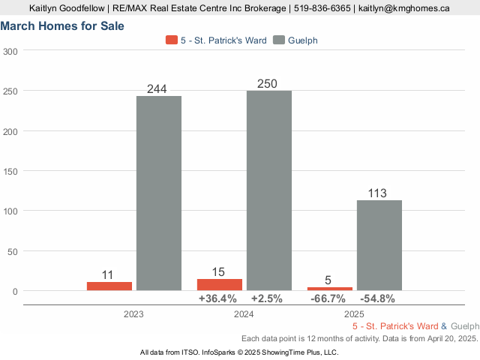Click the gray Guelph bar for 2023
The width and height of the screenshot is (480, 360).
pyautogui.click(x=158, y=193)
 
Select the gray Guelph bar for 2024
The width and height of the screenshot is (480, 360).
pyautogui.click(x=268, y=190)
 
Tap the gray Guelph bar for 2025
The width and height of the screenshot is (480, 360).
pyautogui.click(x=379, y=245)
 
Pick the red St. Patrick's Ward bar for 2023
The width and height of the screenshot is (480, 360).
pyautogui.click(x=109, y=286)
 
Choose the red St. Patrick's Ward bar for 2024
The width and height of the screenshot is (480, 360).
pyautogui.click(x=220, y=284)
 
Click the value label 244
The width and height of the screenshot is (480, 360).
pyautogui.click(x=157, y=89)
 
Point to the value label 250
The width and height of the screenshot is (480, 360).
pyautogui.click(x=267, y=84)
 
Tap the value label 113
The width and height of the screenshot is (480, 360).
pyautogui.click(x=377, y=193)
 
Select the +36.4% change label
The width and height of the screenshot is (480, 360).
pyautogui.click(x=217, y=298)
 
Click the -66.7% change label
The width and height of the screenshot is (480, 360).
pyautogui.click(x=328, y=298)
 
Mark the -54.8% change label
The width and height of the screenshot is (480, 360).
pyautogui.click(x=378, y=298)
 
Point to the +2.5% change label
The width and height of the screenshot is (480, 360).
pyautogui.click(x=267, y=298)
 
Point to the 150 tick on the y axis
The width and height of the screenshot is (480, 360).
pyautogui.click(x=10, y=171)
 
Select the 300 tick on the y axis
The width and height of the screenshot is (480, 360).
pyautogui.click(x=10, y=51)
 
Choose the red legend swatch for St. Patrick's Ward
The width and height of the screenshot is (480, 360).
pyautogui.click(x=172, y=40)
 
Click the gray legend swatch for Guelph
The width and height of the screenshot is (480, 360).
pyautogui.click(x=280, y=40)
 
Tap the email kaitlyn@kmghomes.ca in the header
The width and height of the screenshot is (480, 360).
pyautogui.click(x=403, y=8)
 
